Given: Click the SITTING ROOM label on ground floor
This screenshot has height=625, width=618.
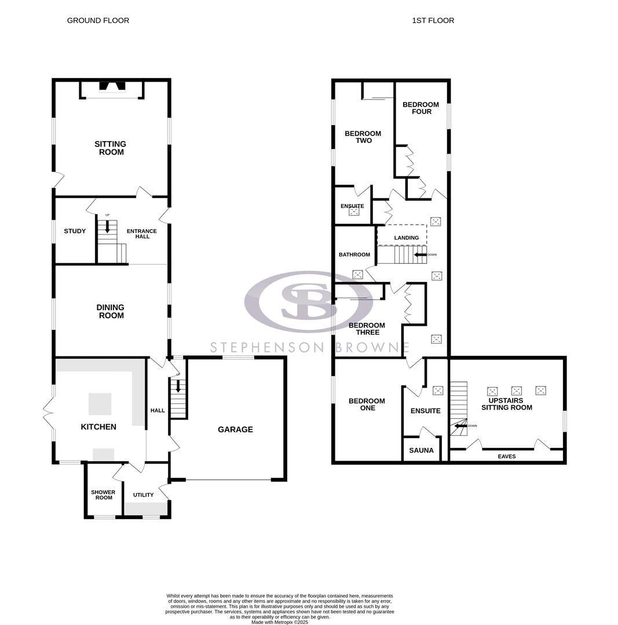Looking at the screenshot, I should (x=111, y=148).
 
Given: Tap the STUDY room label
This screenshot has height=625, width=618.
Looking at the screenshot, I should (x=75, y=231).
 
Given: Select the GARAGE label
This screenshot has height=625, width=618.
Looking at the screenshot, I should (x=235, y=429).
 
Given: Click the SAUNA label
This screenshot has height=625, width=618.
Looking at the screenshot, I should (x=421, y=450).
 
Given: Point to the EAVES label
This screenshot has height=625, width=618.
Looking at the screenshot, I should (x=507, y=457).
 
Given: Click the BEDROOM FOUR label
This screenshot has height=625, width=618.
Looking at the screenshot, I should (x=421, y=108).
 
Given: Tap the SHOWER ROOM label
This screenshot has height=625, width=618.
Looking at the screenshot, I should (x=103, y=495).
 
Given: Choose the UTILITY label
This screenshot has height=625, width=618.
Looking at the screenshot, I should (x=144, y=495).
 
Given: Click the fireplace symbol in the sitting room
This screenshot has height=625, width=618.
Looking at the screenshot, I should (x=112, y=87).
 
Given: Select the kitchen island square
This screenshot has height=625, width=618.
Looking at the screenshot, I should (x=100, y=404).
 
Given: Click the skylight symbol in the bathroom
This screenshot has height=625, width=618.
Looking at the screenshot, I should (x=358, y=274).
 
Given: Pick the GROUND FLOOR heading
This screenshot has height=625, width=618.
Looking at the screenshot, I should (x=98, y=20).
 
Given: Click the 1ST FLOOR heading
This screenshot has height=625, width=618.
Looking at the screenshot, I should (x=433, y=20).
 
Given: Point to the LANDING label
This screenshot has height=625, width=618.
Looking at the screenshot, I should (x=406, y=238).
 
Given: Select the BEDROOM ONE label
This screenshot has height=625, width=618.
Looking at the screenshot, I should (x=367, y=405).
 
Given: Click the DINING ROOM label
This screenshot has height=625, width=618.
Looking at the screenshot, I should (x=111, y=311).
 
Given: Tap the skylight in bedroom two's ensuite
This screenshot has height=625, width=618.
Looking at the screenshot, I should (x=354, y=211).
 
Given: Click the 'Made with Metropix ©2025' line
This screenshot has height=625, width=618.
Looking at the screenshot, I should (x=280, y=622).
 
